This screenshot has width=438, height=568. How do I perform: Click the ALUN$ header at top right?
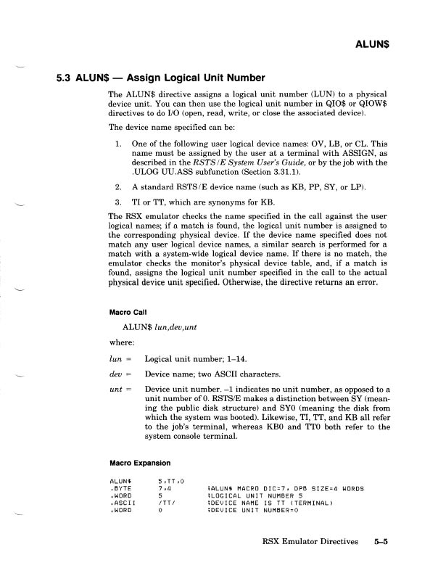pos(373,44)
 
